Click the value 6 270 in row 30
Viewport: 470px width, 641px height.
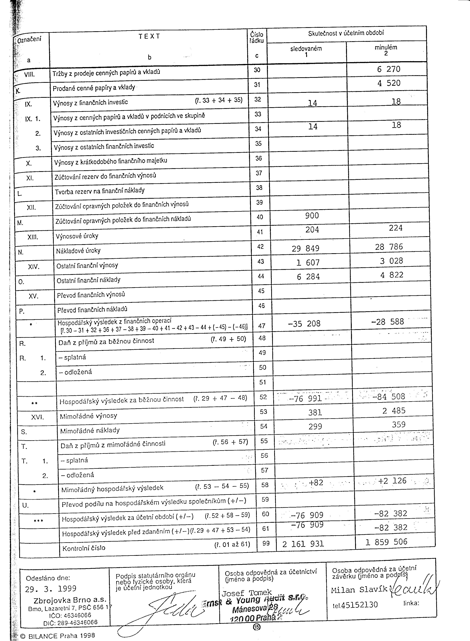point(389,69)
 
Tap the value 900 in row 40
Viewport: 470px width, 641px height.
point(312,216)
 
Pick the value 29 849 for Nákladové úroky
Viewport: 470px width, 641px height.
point(306,248)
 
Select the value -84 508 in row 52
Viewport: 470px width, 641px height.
point(389,396)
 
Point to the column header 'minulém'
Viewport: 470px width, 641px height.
point(386,48)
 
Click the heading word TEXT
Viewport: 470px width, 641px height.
point(149,36)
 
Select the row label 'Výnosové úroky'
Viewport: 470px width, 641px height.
point(77,236)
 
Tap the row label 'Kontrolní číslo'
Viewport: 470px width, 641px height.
point(84,548)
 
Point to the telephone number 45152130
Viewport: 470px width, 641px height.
point(359,605)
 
